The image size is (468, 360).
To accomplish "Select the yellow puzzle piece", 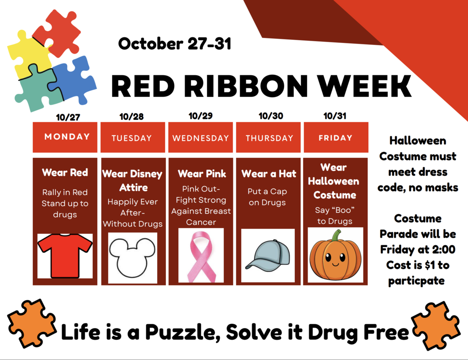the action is coord(28,55).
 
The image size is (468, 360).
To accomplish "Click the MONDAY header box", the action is coord(65,137).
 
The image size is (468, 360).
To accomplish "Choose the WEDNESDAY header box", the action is coord(201,137).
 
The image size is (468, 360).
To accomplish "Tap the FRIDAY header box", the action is coord(336,137).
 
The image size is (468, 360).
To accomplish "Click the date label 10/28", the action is coord(131,117).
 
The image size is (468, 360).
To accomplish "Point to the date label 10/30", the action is coord(271,116).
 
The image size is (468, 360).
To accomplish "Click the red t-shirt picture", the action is coord(65,255).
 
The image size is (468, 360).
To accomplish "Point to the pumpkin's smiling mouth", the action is coord(335,264).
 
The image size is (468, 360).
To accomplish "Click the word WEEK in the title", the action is coord(364,86).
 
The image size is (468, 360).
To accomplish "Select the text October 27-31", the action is coord(175,44).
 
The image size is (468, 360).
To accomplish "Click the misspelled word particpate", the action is coord(416,281).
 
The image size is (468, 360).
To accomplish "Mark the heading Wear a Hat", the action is coord(269,173).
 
